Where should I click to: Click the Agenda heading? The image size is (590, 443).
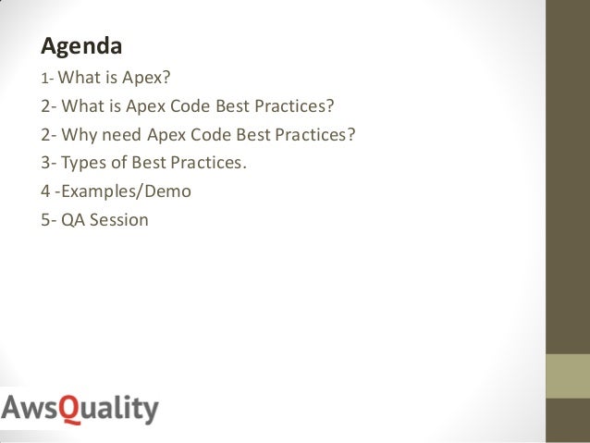point(82,44)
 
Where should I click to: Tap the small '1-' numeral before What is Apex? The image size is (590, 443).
point(48,76)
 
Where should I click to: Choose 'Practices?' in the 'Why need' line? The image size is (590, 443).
point(313,133)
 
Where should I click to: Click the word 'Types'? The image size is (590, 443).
point(85,163)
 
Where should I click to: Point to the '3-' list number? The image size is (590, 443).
point(50,163)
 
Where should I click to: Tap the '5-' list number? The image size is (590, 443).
point(50,221)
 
